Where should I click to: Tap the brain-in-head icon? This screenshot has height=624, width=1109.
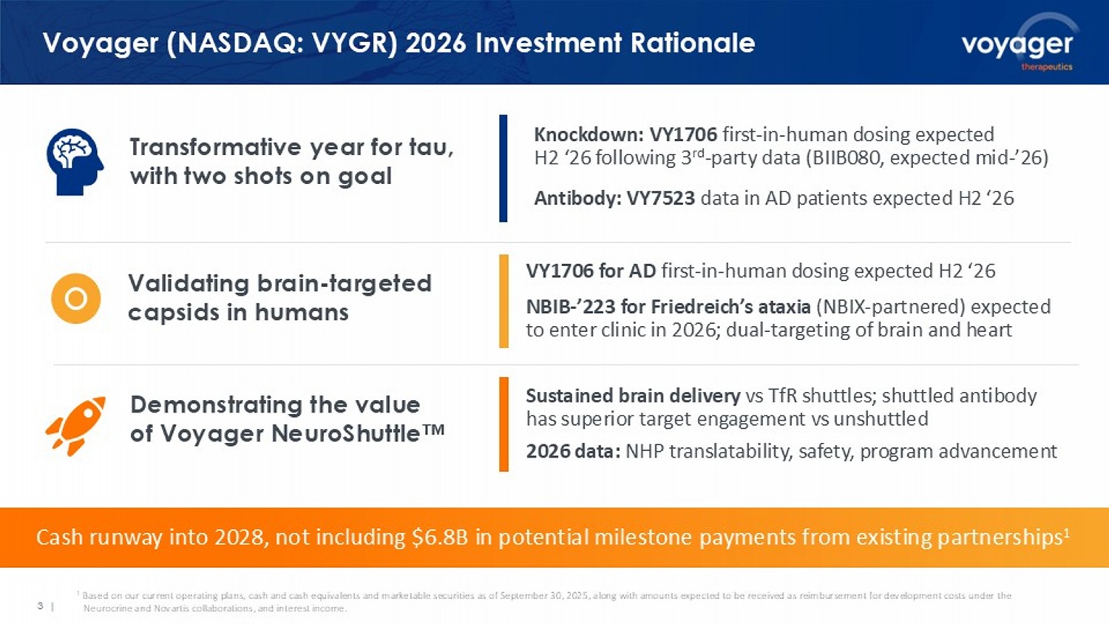[x=75, y=161]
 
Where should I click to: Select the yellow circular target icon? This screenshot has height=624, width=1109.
[x=75, y=299]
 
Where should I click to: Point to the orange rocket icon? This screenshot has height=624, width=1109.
[x=76, y=425]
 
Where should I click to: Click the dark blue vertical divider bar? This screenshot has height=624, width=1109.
[x=503, y=169]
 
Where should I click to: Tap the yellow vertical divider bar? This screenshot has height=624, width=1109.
[x=503, y=301]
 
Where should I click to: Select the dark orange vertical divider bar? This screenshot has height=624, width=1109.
[x=503, y=424]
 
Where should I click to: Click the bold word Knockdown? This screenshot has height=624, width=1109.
[x=589, y=135]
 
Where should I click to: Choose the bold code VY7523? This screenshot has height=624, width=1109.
[x=661, y=198]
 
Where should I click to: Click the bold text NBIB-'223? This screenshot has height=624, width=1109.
[x=571, y=307]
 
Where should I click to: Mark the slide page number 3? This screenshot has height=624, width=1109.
[x=40, y=606]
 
